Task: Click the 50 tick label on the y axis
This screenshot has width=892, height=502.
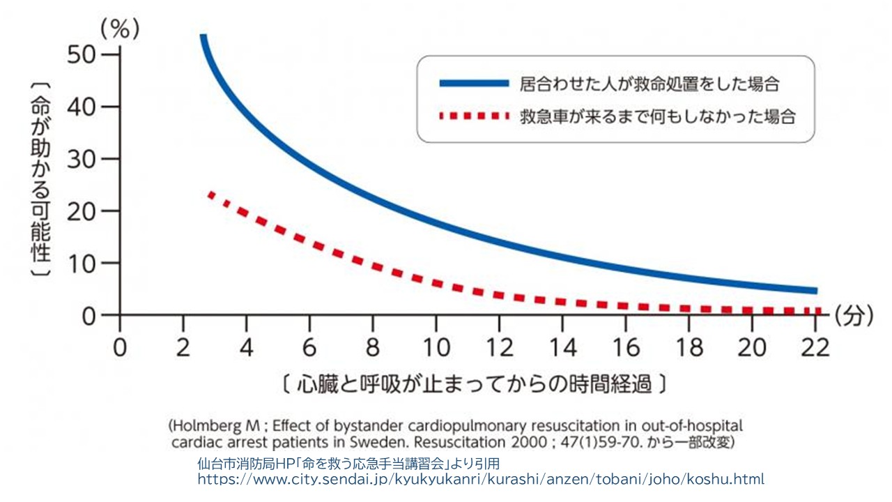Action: (x=82, y=54)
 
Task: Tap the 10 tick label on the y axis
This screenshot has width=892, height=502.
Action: (x=82, y=264)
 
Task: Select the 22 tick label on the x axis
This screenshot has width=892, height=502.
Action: (x=815, y=347)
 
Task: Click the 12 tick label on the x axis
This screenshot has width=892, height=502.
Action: (x=499, y=347)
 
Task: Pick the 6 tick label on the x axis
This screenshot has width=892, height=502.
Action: (x=309, y=347)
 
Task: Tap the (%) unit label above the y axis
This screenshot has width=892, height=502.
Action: (x=120, y=29)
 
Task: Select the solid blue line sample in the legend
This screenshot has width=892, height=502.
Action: (x=474, y=84)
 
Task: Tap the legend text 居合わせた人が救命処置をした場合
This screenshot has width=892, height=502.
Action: (x=649, y=84)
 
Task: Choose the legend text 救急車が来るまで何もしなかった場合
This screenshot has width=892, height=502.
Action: (x=657, y=116)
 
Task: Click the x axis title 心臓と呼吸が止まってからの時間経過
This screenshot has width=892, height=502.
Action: (x=474, y=384)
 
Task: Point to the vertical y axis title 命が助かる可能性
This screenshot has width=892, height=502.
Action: (x=40, y=179)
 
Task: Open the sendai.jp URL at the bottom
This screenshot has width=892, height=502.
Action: (x=481, y=479)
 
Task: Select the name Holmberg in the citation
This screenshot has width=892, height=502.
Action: (x=202, y=425)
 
